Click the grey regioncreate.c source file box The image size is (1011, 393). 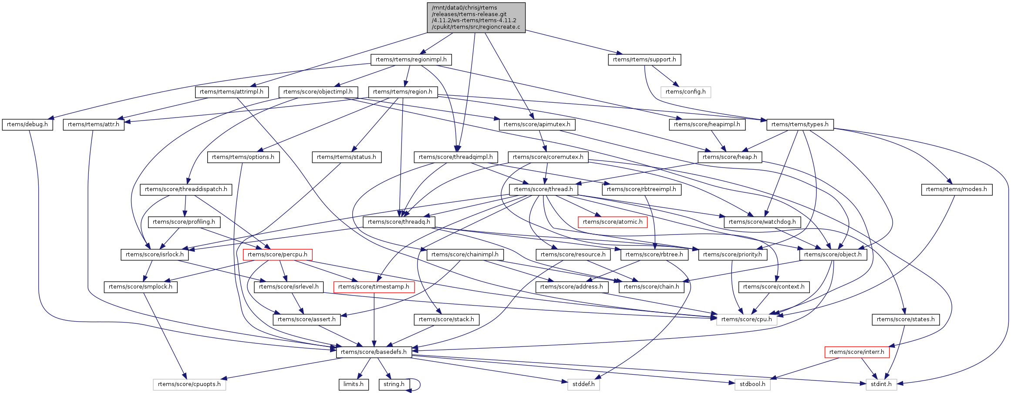[476, 17]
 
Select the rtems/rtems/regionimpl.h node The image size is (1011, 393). [411, 60]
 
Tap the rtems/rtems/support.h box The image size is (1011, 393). [644, 60]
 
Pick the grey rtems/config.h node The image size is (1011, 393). [685, 92]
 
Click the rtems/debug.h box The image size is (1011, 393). [27, 124]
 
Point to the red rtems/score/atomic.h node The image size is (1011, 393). [612, 222]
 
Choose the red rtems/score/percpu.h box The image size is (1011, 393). [277, 255]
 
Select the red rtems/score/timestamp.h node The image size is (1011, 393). [374, 287]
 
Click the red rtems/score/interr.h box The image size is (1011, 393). [856, 352]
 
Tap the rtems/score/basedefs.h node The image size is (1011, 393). [374, 352]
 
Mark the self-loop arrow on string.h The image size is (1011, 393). [417, 384]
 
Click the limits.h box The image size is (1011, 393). [354, 384]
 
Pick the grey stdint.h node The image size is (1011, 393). [881, 384]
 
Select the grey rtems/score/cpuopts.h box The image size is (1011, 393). [189, 384]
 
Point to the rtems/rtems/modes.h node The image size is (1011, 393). [956, 189]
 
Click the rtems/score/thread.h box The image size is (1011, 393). [543, 189]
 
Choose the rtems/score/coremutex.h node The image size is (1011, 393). [548, 157]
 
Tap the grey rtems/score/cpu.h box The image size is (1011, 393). [746, 319]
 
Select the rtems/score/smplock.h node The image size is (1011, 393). [140, 287]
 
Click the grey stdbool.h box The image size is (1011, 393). [752, 384]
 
